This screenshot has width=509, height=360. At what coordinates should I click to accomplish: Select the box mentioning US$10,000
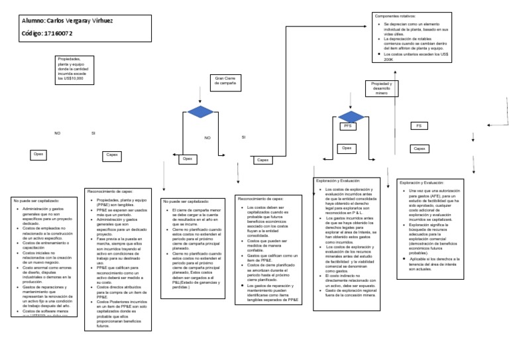(72, 68)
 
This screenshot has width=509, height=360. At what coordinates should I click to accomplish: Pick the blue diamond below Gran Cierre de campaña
(198, 112)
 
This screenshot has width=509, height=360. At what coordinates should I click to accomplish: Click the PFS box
(347, 126)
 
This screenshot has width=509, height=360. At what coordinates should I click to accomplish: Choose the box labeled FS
(418, 126)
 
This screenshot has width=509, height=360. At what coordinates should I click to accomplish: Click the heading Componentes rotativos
(397, 15)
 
